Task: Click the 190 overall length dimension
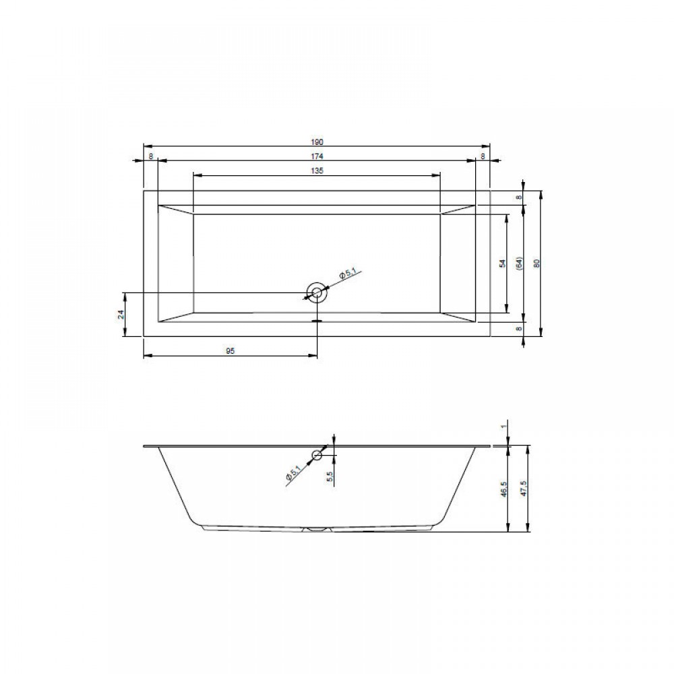click(x=316, y=142)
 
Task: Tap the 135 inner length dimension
click(x=316, y=171)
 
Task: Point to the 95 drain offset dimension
click(x=230, y=351)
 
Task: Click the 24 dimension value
click(x=121, y=314)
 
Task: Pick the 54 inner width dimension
click(x=503, y=264)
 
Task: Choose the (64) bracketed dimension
click(x=519, y=264)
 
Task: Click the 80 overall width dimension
click(x=536, y=264)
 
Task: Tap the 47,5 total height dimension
click(x=523, y=489)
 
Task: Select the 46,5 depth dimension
click(x=503, y=489)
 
